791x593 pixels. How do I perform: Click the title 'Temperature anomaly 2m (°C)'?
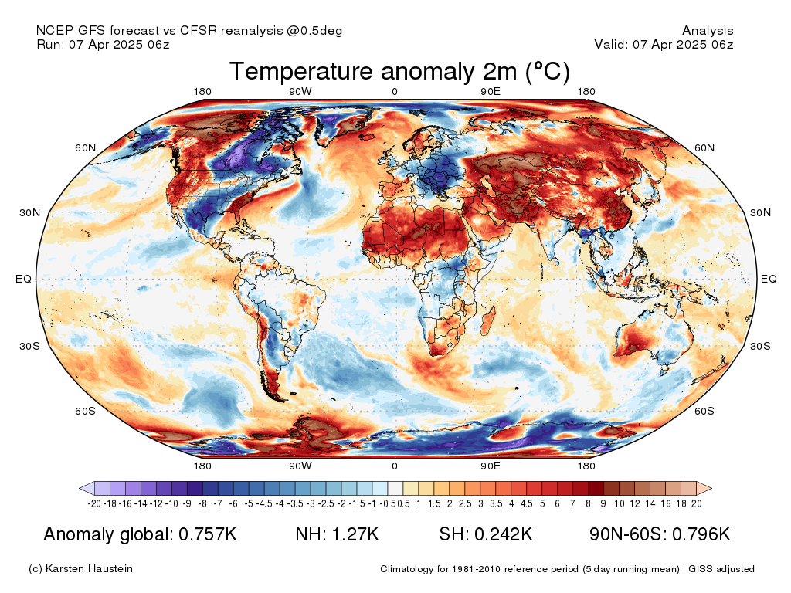(399, 71)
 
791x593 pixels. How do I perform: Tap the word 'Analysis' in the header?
(708, 31)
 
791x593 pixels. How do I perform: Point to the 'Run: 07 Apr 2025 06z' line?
(103, 44)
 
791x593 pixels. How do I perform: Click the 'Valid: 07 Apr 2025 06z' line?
(664, 44)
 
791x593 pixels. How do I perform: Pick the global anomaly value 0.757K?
(208, 534)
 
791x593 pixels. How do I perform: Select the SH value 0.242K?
(503, 534)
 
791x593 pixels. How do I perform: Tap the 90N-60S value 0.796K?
(701, 534)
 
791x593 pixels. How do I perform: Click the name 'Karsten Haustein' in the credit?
(89, 569)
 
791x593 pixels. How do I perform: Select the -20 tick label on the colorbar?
(94, 503)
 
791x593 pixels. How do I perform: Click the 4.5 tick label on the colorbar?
(527, 503)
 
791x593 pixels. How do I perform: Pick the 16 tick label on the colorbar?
(666, 503)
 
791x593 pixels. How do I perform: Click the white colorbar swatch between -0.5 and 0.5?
(395, 488)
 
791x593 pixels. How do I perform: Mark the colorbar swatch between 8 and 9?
(596, 488)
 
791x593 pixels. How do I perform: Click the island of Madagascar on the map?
(487, 322)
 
